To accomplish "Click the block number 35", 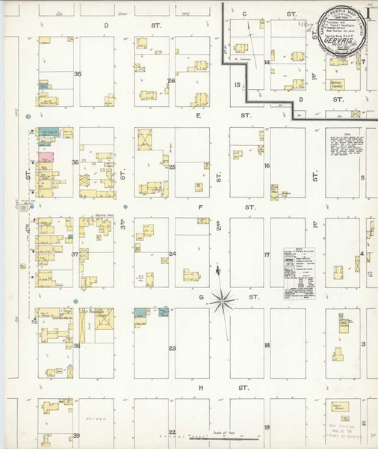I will pos(77,73).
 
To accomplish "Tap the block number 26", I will pos(171,81).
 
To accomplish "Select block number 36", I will pos(75,162).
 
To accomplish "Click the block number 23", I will pos(172,349).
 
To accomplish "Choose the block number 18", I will pos(266,346).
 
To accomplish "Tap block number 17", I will pos(266,255).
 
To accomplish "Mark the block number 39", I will pos(76,436).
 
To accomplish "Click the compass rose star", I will pos(222,302).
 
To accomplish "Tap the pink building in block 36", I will pos(46,158).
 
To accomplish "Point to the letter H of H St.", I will pos(200,388).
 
